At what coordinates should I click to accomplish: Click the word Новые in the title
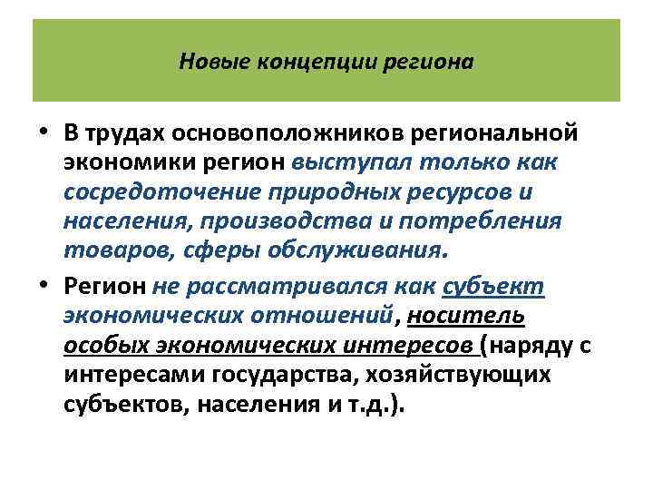(206, 63)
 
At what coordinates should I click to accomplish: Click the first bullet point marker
(44, 134)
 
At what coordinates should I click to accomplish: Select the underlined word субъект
(492, 287)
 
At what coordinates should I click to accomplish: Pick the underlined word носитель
(466, 316)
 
